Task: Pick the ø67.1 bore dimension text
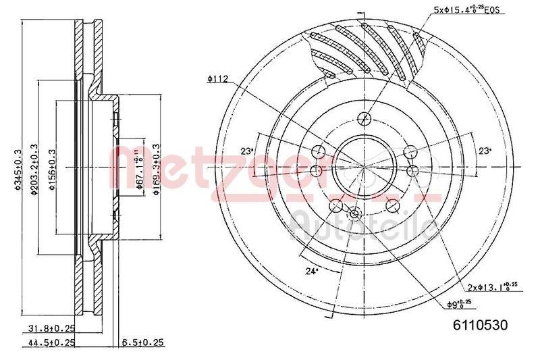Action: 140,171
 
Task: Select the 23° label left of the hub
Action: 247,151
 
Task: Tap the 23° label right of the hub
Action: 484,151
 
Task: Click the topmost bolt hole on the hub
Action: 365,119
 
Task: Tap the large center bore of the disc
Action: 365,165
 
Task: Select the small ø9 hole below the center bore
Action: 355,214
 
